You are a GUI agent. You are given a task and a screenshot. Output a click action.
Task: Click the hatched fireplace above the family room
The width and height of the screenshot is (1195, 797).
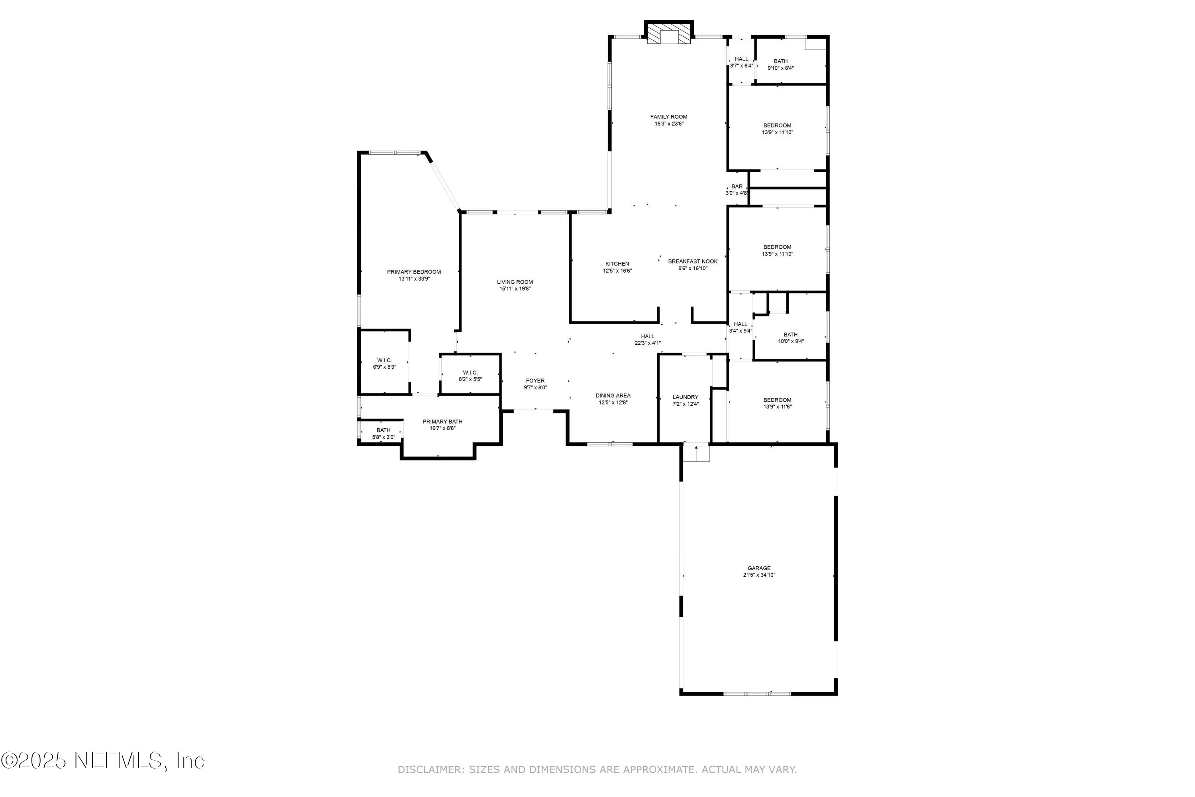tap(669, 34)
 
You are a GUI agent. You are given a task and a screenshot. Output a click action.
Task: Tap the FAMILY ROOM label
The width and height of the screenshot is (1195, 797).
tap(669, 117)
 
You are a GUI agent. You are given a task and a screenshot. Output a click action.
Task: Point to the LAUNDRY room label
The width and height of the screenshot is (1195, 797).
tap(686, 397)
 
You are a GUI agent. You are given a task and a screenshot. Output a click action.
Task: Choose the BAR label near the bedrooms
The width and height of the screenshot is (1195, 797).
tap(737, 186)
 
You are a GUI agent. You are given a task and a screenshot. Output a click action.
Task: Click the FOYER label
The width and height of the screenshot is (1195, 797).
tap(535, 381)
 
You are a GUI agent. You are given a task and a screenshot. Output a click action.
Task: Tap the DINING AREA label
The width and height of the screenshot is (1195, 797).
tap(613, 395)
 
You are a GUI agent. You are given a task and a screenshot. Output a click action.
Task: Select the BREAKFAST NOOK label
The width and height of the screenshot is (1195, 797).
tap(693, 261)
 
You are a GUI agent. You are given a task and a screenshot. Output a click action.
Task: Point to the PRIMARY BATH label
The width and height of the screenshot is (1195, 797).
tap(442, 421)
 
